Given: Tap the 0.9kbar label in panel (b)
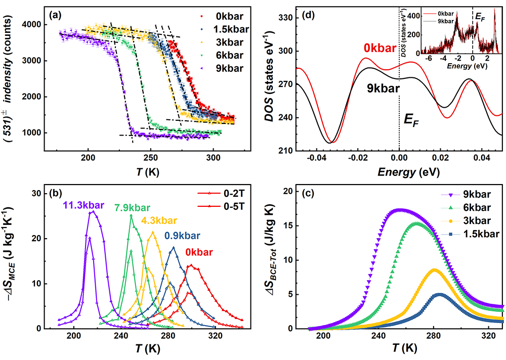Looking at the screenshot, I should tap(182, 236).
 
